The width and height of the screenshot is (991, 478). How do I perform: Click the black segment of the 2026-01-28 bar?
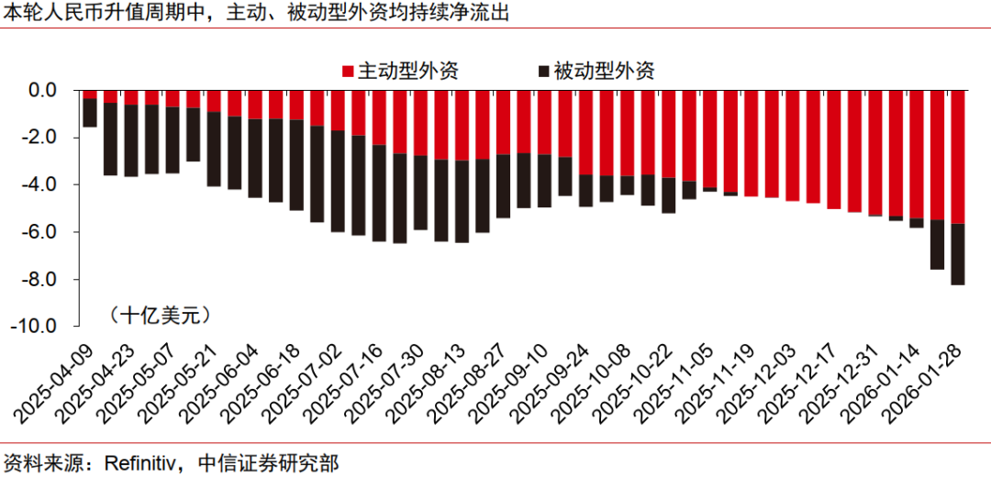(x=957, y=254)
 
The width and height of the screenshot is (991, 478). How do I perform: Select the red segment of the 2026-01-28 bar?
(x=957, y=156)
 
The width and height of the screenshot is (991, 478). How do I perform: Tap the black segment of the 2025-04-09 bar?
(x=90, y=112)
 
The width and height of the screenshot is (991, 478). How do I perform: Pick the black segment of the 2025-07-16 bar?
(x=378, y=194)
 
